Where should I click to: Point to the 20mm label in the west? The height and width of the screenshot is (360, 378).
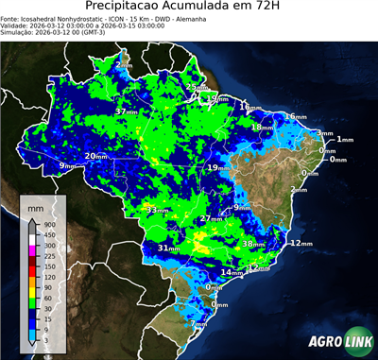(96, 156)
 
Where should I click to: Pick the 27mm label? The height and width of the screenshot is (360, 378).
(212, 219)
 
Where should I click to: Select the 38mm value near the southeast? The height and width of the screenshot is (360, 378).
(253, 244)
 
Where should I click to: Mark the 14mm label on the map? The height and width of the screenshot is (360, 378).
(232, 272)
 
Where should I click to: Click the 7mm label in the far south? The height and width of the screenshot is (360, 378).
(198, 323)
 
